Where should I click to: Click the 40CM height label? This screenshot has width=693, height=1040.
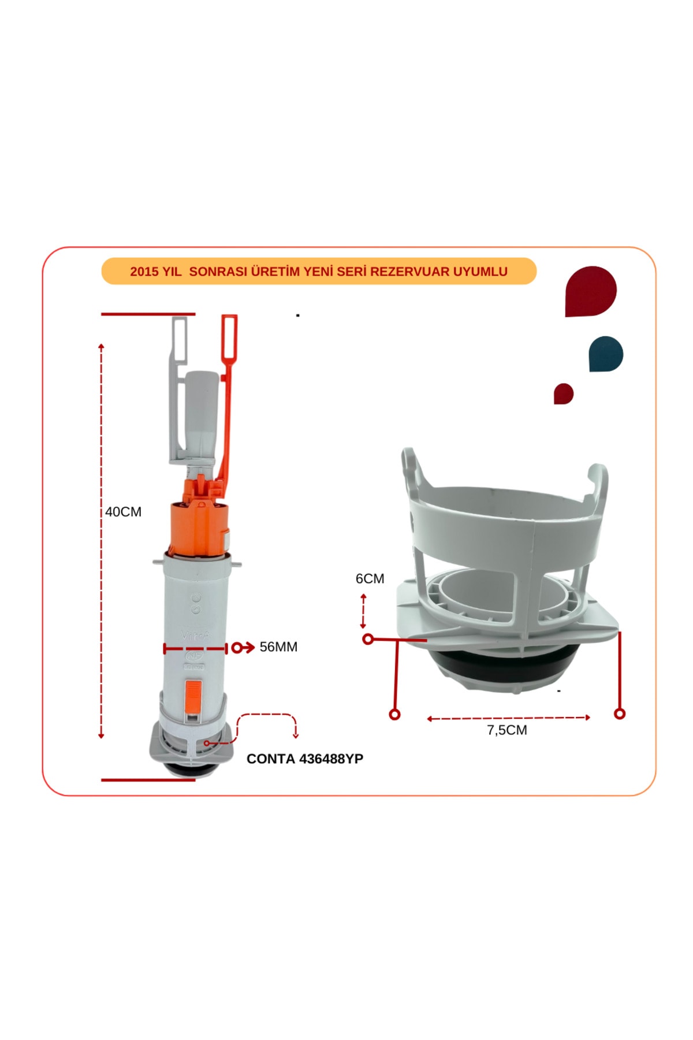123,512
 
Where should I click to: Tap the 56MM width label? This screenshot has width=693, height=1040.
278,647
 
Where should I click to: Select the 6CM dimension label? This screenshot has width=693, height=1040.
370,578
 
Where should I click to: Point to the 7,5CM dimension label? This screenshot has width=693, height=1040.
507,730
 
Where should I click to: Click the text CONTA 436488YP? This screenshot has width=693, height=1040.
305,759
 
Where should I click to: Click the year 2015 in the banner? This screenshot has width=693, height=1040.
144,272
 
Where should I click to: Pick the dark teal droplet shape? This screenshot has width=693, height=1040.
606,354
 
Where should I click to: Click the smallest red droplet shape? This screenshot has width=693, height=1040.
563,393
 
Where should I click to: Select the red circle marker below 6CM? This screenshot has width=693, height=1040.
368,639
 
